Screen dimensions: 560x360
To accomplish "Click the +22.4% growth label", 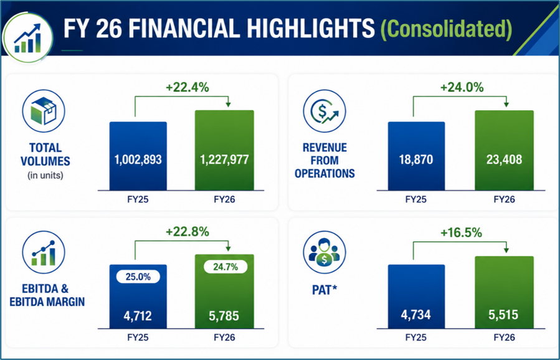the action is tap(187, 87).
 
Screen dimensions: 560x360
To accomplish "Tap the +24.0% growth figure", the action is tap(462, 87).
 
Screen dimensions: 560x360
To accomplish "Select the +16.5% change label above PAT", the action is tap(461, 233).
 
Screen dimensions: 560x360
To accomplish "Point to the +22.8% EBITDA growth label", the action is tap(187, 232).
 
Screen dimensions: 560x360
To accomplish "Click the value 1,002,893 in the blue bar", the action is tap(138, 159).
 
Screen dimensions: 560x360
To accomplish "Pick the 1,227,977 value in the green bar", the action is tap(224, 159).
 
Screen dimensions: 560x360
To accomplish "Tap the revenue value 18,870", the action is tap(416, 159).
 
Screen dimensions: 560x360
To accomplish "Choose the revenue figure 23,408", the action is tap(504, 159).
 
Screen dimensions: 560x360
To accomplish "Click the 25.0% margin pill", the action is tap(138, 277).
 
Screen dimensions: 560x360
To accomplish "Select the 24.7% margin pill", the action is tap(225, 267).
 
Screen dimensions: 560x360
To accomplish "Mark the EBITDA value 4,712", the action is tap(138, 316).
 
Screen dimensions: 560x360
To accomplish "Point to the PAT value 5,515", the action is tap(503, 315).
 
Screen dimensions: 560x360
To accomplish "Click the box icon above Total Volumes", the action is tap(44, 111).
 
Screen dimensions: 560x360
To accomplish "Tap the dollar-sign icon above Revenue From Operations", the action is tap(325, 111).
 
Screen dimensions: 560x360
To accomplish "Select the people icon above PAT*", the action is tap(325, 252).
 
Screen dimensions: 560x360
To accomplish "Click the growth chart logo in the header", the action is tap(27, 37).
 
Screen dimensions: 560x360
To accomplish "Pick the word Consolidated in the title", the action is tap(447, 28).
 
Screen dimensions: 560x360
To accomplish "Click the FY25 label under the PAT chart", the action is tap(416, 337).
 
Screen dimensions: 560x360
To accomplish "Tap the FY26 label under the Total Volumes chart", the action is tap(224, 199).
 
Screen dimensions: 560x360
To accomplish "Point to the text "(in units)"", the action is tap(45, 176).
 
